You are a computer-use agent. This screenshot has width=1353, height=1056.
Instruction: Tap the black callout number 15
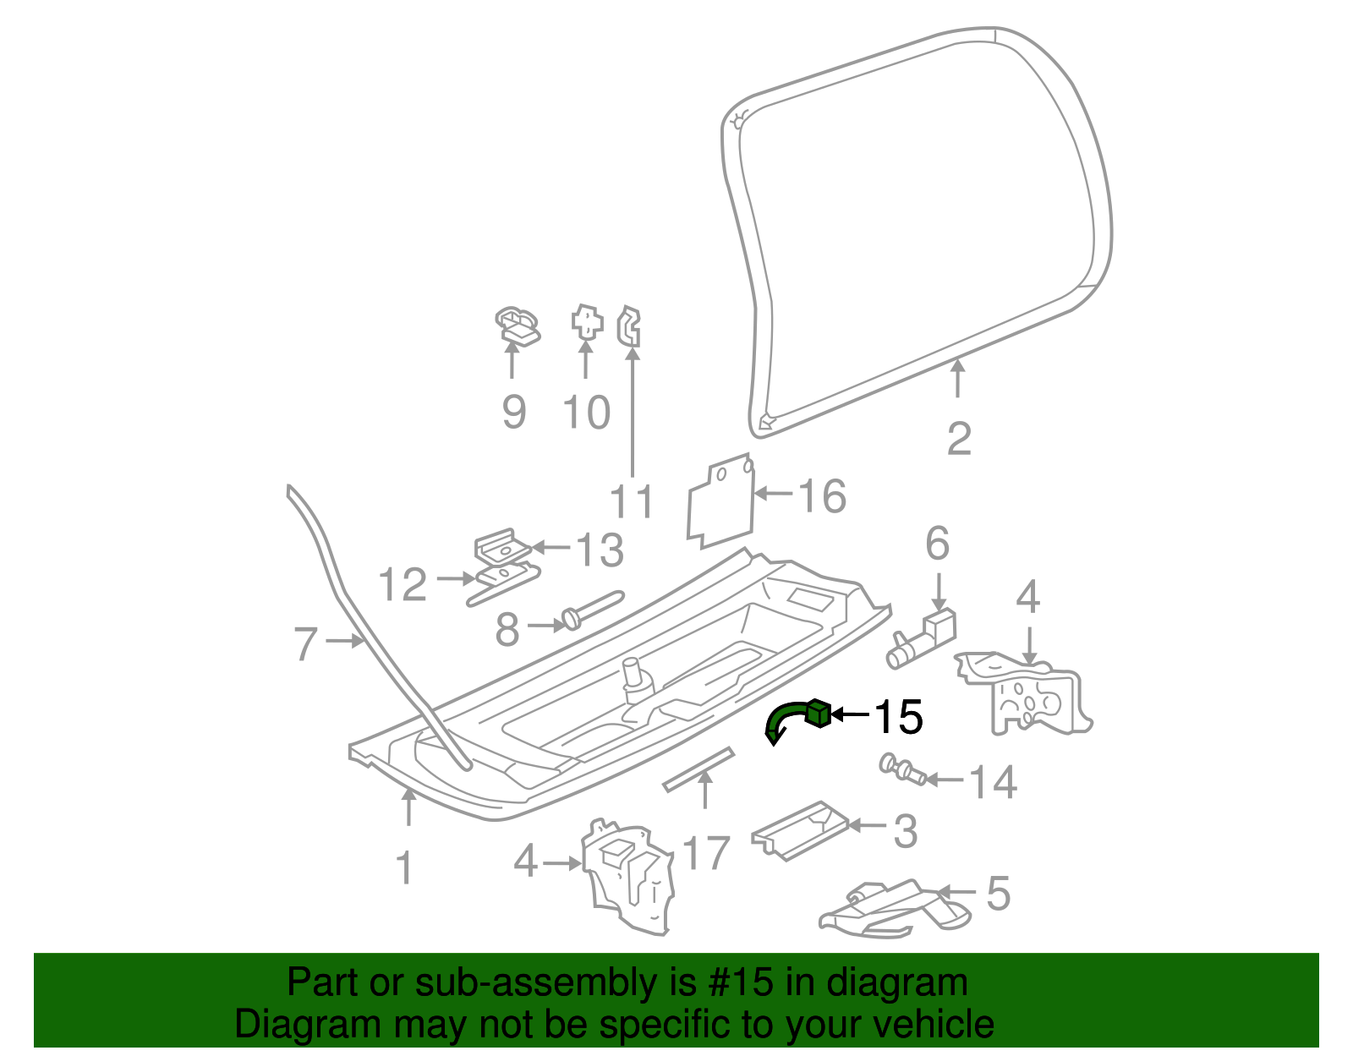pyautogui.click(x=898, y=716)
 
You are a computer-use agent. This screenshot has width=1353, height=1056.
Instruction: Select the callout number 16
pyautogui.click(x=823, y=496)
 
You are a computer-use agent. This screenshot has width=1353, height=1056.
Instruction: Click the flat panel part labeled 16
pyautogui.click(x=721, y=501)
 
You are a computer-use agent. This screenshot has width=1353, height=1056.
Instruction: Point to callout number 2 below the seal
pyautogui.click(x=959, y=439)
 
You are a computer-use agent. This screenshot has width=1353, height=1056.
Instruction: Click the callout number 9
pyautogui.click(x=514, y=412)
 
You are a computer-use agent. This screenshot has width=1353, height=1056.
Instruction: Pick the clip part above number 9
pyautogui.click(x=518, y=326)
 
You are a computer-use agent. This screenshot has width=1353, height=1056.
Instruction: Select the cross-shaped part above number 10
pyautogui.click(x=587, y=323)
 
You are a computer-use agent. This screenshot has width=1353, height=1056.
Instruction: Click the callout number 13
pyautogui.click(x=600, y=550)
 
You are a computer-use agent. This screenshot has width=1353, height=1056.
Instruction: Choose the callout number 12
pyautogui.click(x=403, y=584)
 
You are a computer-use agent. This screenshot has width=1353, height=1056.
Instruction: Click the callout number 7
pyautogui.click(x=306, y=643)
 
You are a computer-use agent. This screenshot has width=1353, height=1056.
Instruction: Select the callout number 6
pyautogui.click(x=938, y=544)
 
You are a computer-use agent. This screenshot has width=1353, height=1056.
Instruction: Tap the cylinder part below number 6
pyautogui.click(x=921, y=640)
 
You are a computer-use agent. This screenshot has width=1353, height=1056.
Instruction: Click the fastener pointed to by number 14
pyautogui.click(x=901, y=769)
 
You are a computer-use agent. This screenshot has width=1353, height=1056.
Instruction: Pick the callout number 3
pyautogui.click(x=906, y=831)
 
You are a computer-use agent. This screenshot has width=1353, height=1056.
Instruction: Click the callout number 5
pyautogui.click(x=998, y=894)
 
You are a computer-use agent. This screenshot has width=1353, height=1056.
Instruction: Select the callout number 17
pyautogui.click(x=706, y=854)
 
